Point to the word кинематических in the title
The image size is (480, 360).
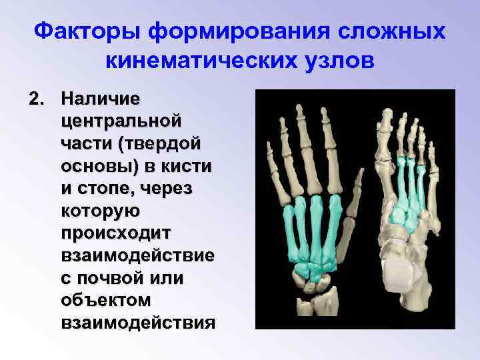pyautogui.click(x=201, y=61)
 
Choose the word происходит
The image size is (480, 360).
pyautogui.click(x=115, y=234)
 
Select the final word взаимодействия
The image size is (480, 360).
pyautogui.click(x=137, y=324)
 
